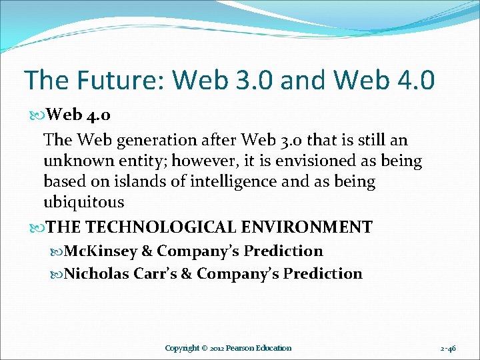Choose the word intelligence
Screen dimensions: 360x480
(x=227, y=181)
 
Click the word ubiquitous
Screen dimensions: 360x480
(x=83, y=202)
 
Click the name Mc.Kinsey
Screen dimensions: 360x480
(x=101, y=251)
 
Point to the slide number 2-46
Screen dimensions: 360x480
(x=448, y=348)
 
